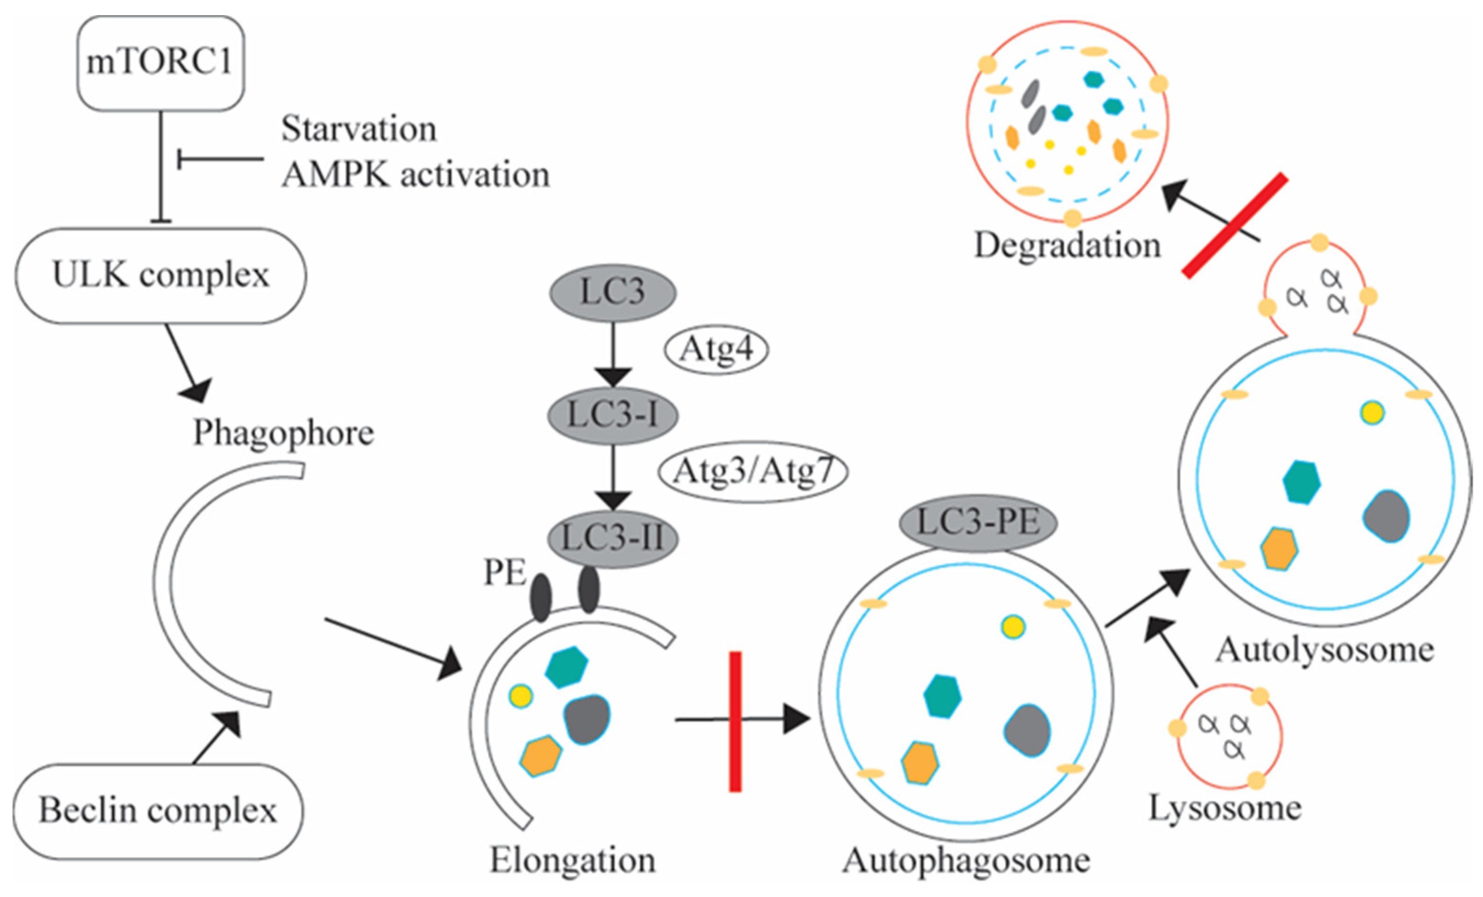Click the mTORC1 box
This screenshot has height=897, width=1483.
[x=160, y=63]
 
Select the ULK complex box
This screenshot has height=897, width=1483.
[x=161, y=276]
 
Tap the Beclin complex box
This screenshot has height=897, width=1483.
[x=158, y=810]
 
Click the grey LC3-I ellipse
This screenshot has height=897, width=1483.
[x=613, y=415]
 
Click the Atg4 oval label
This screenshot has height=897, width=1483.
[x=716, y=349]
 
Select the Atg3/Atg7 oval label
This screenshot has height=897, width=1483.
[x=753, y=471]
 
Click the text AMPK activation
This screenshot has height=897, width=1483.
[x=415, y=175]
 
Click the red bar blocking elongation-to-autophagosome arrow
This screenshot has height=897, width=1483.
[x=735, y=721]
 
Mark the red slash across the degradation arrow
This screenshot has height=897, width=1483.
[x=1234, y=226]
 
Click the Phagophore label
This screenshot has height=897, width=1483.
[x=283, y=433]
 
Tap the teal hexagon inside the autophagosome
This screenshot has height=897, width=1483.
[x=942, y=697]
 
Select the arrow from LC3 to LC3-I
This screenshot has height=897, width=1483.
[x=613, y=355]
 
